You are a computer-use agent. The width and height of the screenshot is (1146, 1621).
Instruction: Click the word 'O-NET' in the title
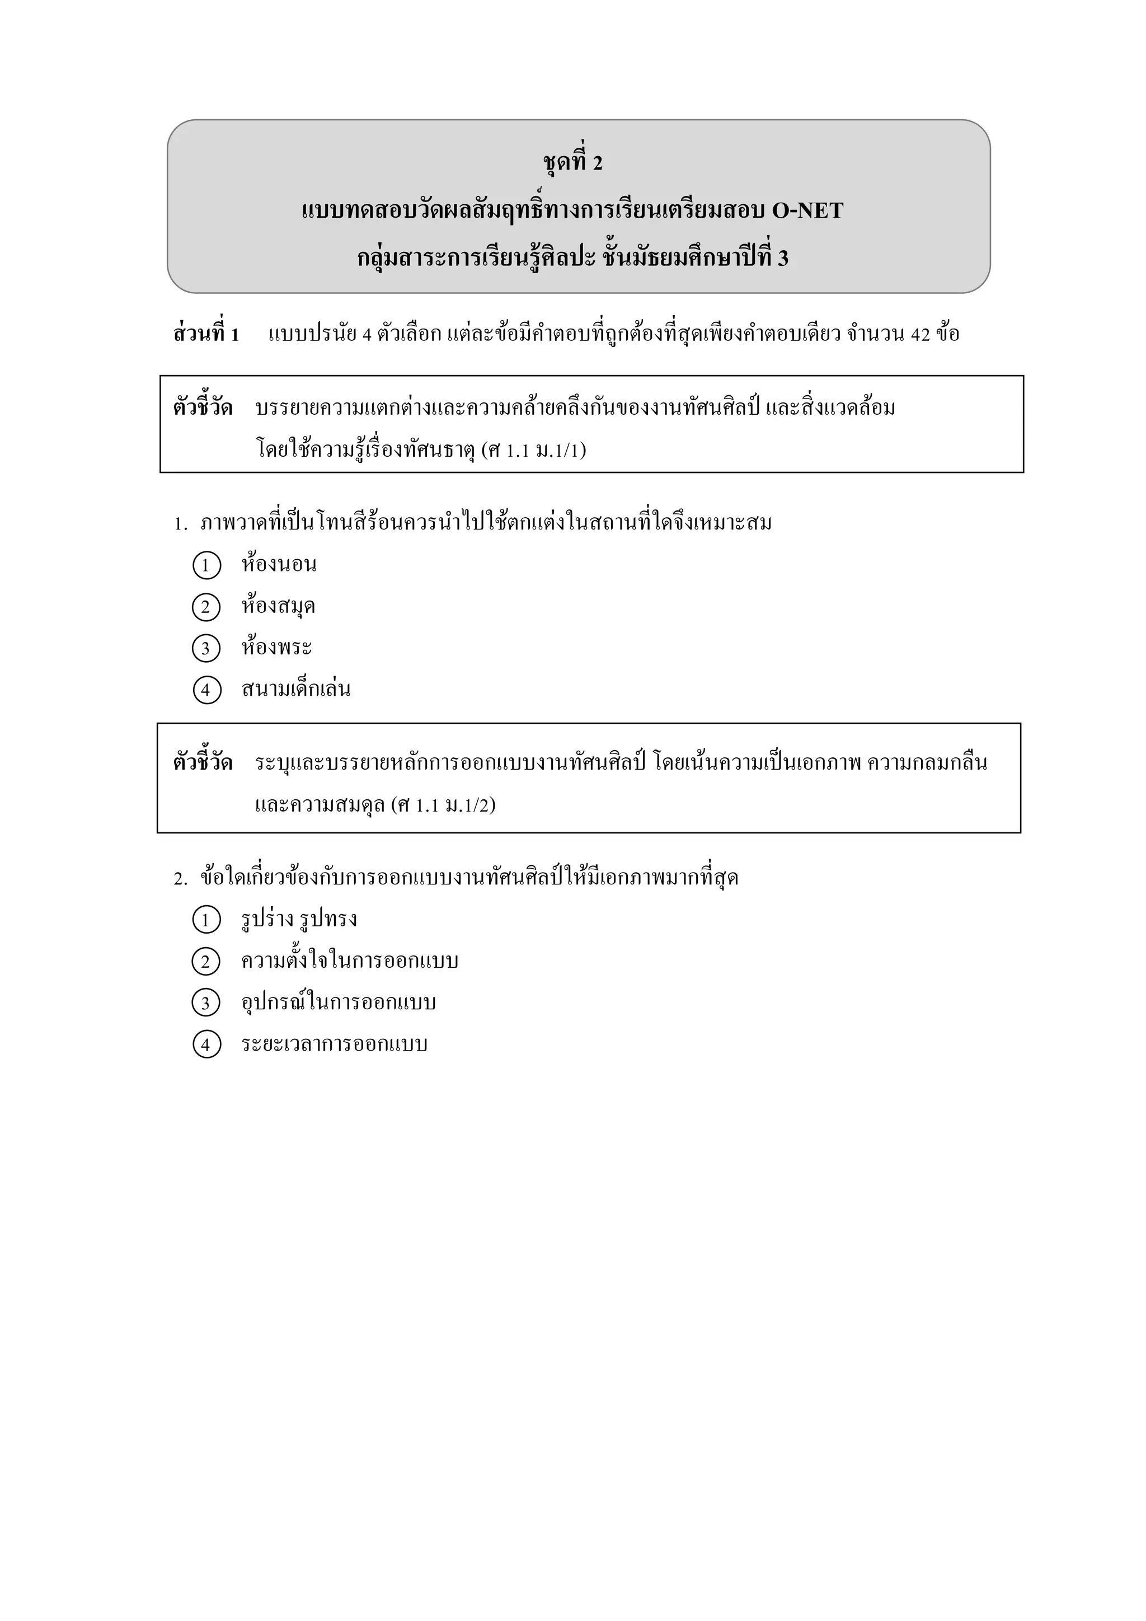tap(807, 210)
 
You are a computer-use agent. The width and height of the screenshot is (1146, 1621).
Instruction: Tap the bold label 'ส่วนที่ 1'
tap(206, 334)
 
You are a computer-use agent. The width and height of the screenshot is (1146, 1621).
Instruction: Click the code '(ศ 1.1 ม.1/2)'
tap(443, 805)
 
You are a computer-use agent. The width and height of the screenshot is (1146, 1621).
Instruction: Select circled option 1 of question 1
tap(206, 565)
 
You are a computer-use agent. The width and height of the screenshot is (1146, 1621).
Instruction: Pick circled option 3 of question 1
tap(206, 649)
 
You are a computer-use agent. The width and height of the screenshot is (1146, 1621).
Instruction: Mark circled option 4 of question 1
tap(206, 690)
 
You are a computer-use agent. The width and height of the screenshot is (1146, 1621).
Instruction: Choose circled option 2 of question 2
tap(206, 962)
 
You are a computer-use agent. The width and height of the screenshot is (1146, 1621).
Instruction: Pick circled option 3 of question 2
tap(206, 1003)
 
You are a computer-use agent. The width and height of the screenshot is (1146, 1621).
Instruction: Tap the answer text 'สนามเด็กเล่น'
tap(295, 689)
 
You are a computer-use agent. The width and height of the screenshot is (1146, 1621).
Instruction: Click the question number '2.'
tap(181, 879)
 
